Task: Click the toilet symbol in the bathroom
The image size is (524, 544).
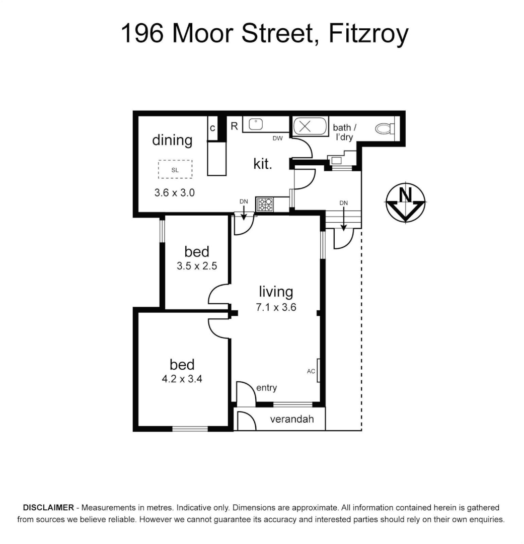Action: [x=385, y=128]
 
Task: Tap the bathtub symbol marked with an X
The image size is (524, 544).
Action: [x=305, y=126]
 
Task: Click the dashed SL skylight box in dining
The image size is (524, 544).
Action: [x=175, y=169]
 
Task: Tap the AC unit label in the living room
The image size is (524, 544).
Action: [x=311, y=371]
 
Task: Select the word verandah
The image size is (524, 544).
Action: [x=292, y=419]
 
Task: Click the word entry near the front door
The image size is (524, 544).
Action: [x=266, y=387]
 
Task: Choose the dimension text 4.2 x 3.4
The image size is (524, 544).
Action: [x=182, y=379]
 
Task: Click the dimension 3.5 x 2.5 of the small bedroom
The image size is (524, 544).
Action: [x=196, y=266]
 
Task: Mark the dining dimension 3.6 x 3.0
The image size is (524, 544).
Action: [x=174, y=192]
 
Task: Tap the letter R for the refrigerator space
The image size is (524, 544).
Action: [x=234, y=126]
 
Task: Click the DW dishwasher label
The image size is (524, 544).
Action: [x=277, y=138]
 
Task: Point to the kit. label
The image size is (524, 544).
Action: [x=262, y=164]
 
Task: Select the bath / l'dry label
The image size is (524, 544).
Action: [x=344, y=132]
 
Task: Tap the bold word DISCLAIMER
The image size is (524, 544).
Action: [x=48, y=507]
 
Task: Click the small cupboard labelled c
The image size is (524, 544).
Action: [x=212, y=128]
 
